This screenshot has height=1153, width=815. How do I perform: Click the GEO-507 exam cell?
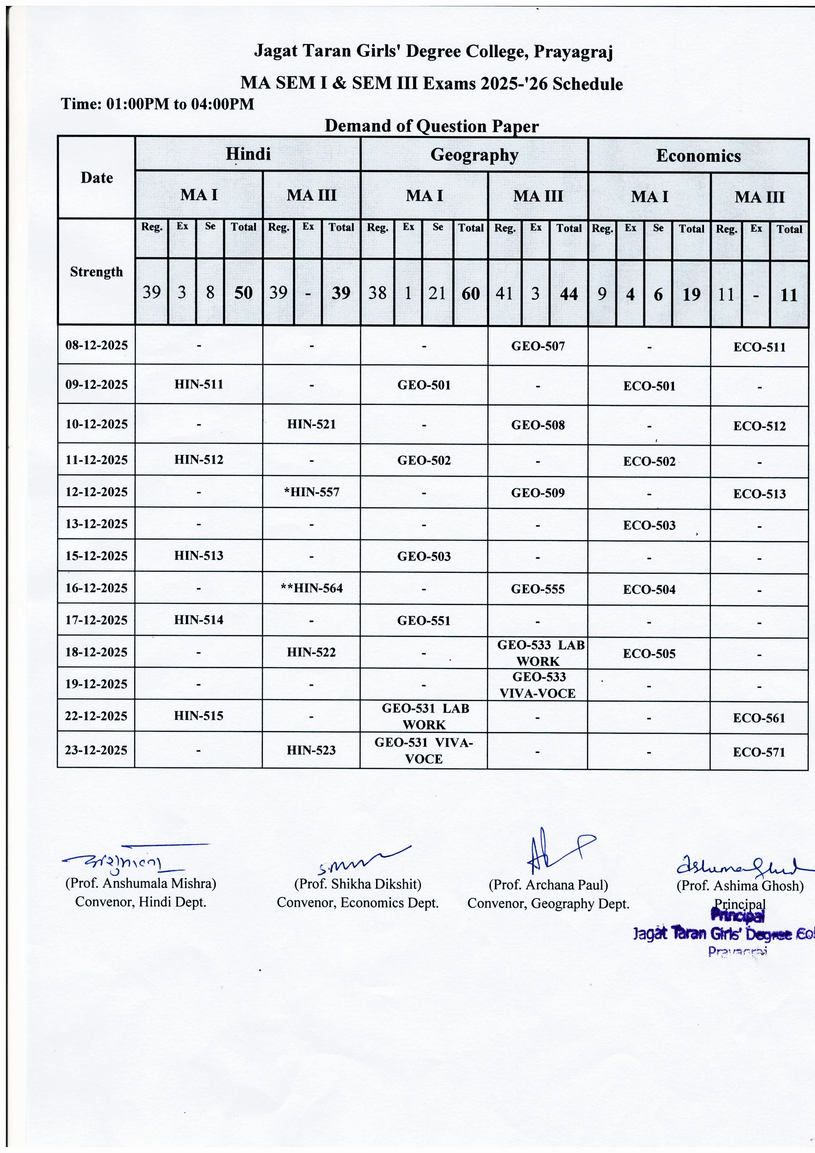coord(538,346)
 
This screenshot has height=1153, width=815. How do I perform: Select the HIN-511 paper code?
coord(199,384)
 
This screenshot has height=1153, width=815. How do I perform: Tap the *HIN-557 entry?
coord(311,492)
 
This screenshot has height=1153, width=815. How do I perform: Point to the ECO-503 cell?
coord(649,525)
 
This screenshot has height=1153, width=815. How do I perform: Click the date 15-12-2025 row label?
coord(96,556)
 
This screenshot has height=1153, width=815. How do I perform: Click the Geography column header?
coord(474,155)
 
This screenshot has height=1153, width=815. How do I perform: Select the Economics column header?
coord(698,156)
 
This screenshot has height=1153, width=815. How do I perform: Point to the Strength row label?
coord(96,272)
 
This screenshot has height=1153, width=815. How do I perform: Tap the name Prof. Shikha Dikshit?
coord(358,884)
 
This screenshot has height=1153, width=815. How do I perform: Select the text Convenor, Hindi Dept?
coord(141,902)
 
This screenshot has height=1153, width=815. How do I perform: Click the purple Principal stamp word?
coord(738,916)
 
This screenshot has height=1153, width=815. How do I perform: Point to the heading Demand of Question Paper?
coord(431,126)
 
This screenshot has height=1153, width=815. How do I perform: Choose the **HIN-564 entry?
coord(311,588)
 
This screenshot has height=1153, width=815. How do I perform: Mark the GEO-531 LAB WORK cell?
coord(424,716)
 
